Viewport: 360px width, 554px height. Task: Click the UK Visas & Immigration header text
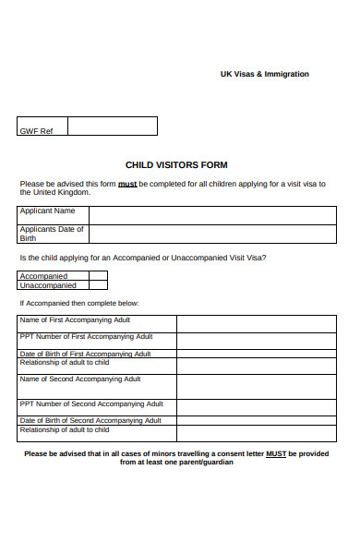coord(264,74)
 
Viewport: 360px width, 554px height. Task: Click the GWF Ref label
coord(36,131)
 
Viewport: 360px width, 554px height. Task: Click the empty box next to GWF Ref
coord(112,126)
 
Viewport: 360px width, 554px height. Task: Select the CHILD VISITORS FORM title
coord(176,165)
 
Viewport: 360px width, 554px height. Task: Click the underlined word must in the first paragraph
coord(127,184)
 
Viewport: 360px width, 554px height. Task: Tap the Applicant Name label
coord(48,211)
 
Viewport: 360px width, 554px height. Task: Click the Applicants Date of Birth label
coord(52,233)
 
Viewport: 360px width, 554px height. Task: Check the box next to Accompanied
coord(98,275)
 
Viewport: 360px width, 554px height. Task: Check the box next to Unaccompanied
coord(98,285)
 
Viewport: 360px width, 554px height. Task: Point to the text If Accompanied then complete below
coord(79,303)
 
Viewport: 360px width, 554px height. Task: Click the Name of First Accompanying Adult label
coord(75,319)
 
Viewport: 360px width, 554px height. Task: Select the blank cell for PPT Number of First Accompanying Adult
coord(255,341)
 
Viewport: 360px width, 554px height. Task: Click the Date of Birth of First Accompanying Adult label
coord(85,354)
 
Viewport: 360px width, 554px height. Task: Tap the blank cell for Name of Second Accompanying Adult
coord(255,387)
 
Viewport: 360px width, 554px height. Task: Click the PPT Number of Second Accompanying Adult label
coord(90,403)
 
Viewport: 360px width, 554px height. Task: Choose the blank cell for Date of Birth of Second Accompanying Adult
coord(255,420)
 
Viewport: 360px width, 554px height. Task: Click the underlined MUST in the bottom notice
coord(275,453)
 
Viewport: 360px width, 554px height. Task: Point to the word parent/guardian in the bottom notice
coord(210,463)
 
